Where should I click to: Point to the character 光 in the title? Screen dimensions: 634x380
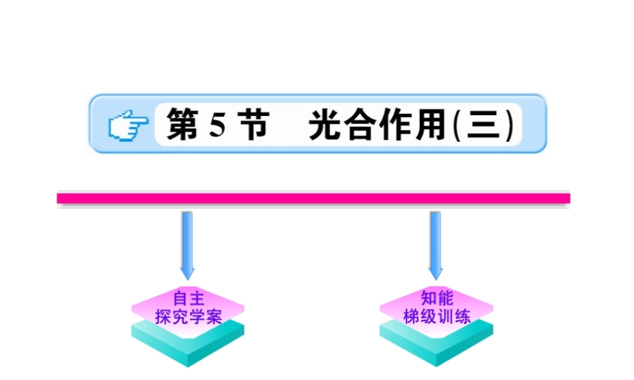tap(325, 125)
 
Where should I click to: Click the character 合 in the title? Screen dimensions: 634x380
tap(361, 125)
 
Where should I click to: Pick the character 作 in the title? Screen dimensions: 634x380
tap(396, 125)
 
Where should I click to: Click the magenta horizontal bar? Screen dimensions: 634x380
tap(314, 199)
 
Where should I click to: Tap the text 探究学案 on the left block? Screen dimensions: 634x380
tap(188, 316)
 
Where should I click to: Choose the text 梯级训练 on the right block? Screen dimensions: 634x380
tap(437, 316)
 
